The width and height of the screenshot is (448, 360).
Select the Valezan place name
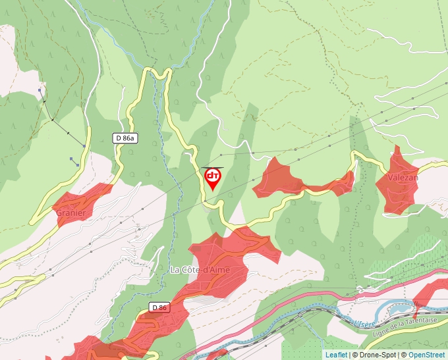(x=403, y=178)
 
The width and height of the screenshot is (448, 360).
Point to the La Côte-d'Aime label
(x=198, y=269)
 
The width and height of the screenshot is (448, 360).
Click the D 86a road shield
(x=125, y=138)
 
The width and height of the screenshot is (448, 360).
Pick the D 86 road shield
(x=159, y=307)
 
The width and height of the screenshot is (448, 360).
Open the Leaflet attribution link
(x=336, y=355)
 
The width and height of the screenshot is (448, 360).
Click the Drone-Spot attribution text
(x=374, y=355)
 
